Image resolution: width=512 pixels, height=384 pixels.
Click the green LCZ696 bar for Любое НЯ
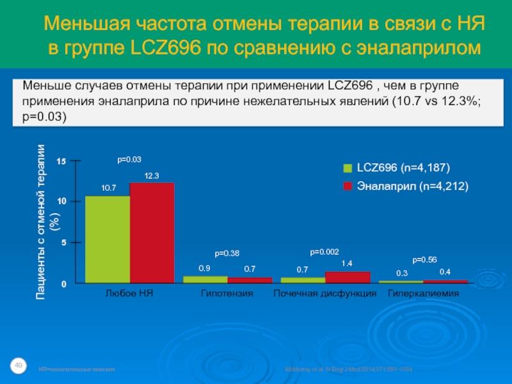click(x=108, y=239)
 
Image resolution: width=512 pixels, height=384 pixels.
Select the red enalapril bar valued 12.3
click(x=152, y=232)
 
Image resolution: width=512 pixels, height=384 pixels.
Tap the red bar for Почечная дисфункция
click(x=348, y=276)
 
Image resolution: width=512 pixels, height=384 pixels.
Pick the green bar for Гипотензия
click(x=205, y=279)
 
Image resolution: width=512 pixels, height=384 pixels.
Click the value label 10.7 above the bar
click(x=108, y=188)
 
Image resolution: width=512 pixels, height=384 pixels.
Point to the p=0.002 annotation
click(x=324, y=252)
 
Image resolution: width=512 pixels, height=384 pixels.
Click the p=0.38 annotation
click(x=227, y=253)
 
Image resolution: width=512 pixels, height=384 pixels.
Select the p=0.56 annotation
click(x=424, y=259)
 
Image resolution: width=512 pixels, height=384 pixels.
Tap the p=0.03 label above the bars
click(x=129, y=159)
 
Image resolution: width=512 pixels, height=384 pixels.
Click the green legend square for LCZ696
click(x=348, y=168)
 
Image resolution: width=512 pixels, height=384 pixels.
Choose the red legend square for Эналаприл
click(x=348, y=187)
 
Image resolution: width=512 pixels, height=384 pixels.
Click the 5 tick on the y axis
click(x=63, y=243)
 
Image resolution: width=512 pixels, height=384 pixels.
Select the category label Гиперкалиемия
click(x=424, y=294)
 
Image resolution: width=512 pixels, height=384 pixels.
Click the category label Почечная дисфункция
click(x=324, y=294)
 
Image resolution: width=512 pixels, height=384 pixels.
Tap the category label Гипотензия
click(x=227, y=294)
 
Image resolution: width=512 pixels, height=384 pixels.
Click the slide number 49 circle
click(x=19, y=365)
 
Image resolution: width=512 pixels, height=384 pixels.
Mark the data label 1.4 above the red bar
click(x=347, y=264)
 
